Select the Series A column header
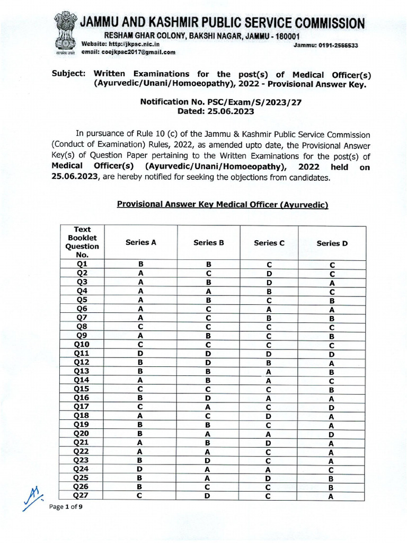(141, 242)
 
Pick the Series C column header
(269, 243)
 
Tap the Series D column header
(332, 243)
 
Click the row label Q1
(82, 264)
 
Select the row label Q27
(82, 496)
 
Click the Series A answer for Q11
(141, 353)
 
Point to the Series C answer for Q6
(269, 309)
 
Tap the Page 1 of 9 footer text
(66, 507)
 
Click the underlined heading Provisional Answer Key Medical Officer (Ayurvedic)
(223, 205)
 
